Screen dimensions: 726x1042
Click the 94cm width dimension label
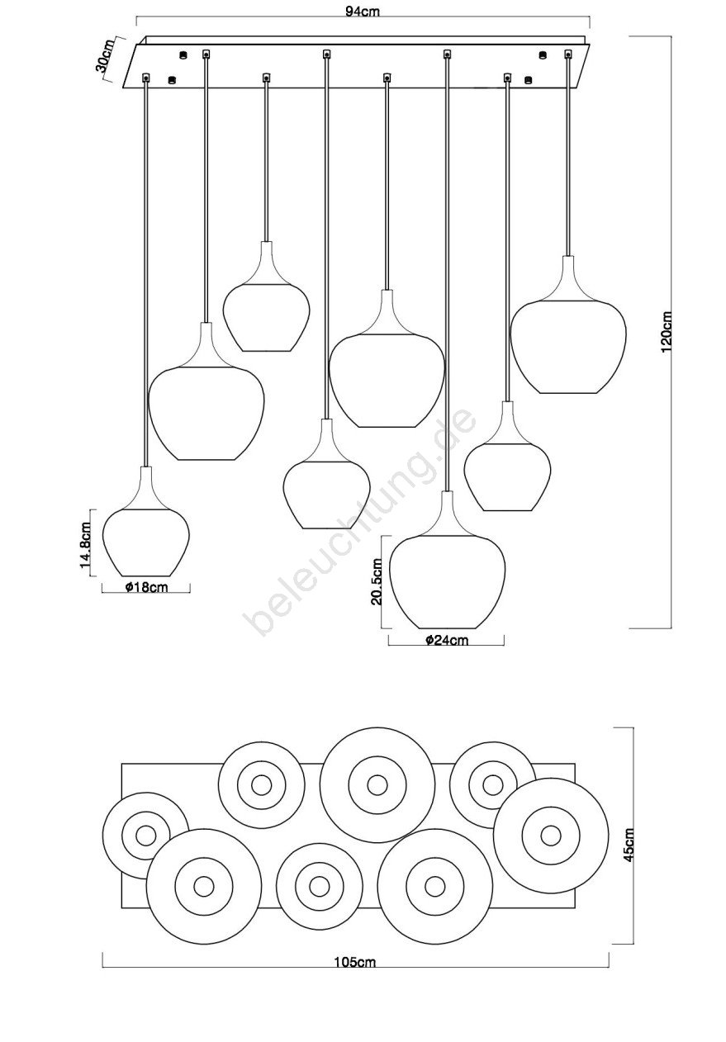363,12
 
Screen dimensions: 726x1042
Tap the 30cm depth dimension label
106,58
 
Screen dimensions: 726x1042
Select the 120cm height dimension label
667,332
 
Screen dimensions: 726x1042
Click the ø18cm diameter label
146,587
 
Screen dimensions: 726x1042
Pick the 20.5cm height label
376,581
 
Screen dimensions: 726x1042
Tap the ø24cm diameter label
447,640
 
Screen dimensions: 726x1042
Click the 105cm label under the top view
354,962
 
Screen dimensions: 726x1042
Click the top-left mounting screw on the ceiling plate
183,55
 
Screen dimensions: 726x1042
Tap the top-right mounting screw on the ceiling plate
542,55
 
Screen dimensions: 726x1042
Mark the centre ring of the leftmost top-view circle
145,835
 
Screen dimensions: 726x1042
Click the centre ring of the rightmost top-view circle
551,835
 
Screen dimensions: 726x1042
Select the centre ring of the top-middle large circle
377,785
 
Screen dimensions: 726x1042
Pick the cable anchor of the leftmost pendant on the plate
146,78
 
